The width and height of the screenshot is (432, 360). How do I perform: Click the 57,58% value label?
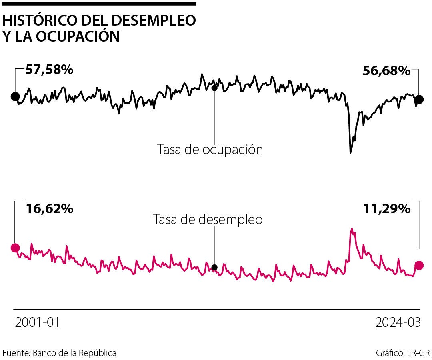click(49, 70)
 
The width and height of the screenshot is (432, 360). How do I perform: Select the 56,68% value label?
click(386, 71)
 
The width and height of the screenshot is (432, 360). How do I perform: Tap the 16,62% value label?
click(49, 209)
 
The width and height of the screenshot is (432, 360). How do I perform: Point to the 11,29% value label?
click(386, 209)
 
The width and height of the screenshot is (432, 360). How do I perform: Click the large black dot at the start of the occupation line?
click(15, 96)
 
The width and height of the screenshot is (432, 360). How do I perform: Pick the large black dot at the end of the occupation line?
click(419, 100)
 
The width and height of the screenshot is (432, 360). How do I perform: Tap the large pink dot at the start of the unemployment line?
click(15, 248)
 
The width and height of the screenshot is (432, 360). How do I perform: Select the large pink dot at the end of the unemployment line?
click(419, 265)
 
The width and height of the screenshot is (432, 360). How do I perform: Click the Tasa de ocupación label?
click(210, 150)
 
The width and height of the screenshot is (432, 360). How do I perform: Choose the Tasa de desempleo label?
click(208, 220)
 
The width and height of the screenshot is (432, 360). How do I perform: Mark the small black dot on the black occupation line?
click(214, 88)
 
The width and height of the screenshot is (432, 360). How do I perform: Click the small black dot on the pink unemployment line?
click(214, 267)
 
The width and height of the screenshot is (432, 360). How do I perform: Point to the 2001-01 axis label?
click(37, 323)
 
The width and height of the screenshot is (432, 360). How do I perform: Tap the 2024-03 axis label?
click(398, 323)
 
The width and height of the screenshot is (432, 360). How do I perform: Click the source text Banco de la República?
click(74, 353)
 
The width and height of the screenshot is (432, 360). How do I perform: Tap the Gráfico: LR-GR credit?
click(403, 353)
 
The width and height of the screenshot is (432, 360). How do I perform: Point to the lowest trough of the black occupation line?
click(351, 153)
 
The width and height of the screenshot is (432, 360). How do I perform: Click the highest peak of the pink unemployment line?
click(352, 229)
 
